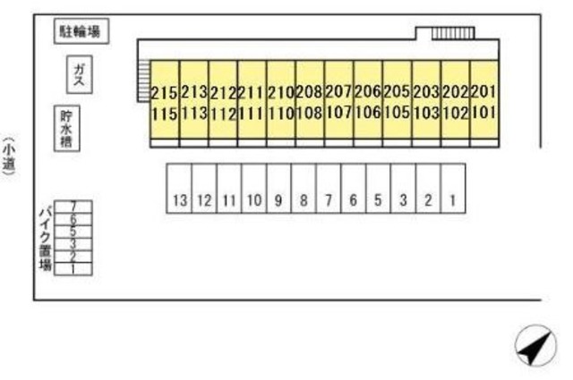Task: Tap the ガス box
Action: [x=80, y=74]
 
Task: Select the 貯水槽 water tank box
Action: [x=65, y=130]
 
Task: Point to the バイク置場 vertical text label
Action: [x=43, y=238]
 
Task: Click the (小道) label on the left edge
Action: [x=8, y=159]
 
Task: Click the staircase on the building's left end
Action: [x=142, y=80]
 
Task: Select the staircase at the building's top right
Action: [x=445, y=34]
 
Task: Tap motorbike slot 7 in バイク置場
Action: [x=73, y=207]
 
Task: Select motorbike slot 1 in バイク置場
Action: [x=73, y=268]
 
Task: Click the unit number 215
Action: [x=164, y=91]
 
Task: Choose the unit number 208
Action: [x=309, y=91]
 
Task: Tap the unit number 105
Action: [x=396, y=113]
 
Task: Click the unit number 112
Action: [x=222, y=113]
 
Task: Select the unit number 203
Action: [x=425, y=91]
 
